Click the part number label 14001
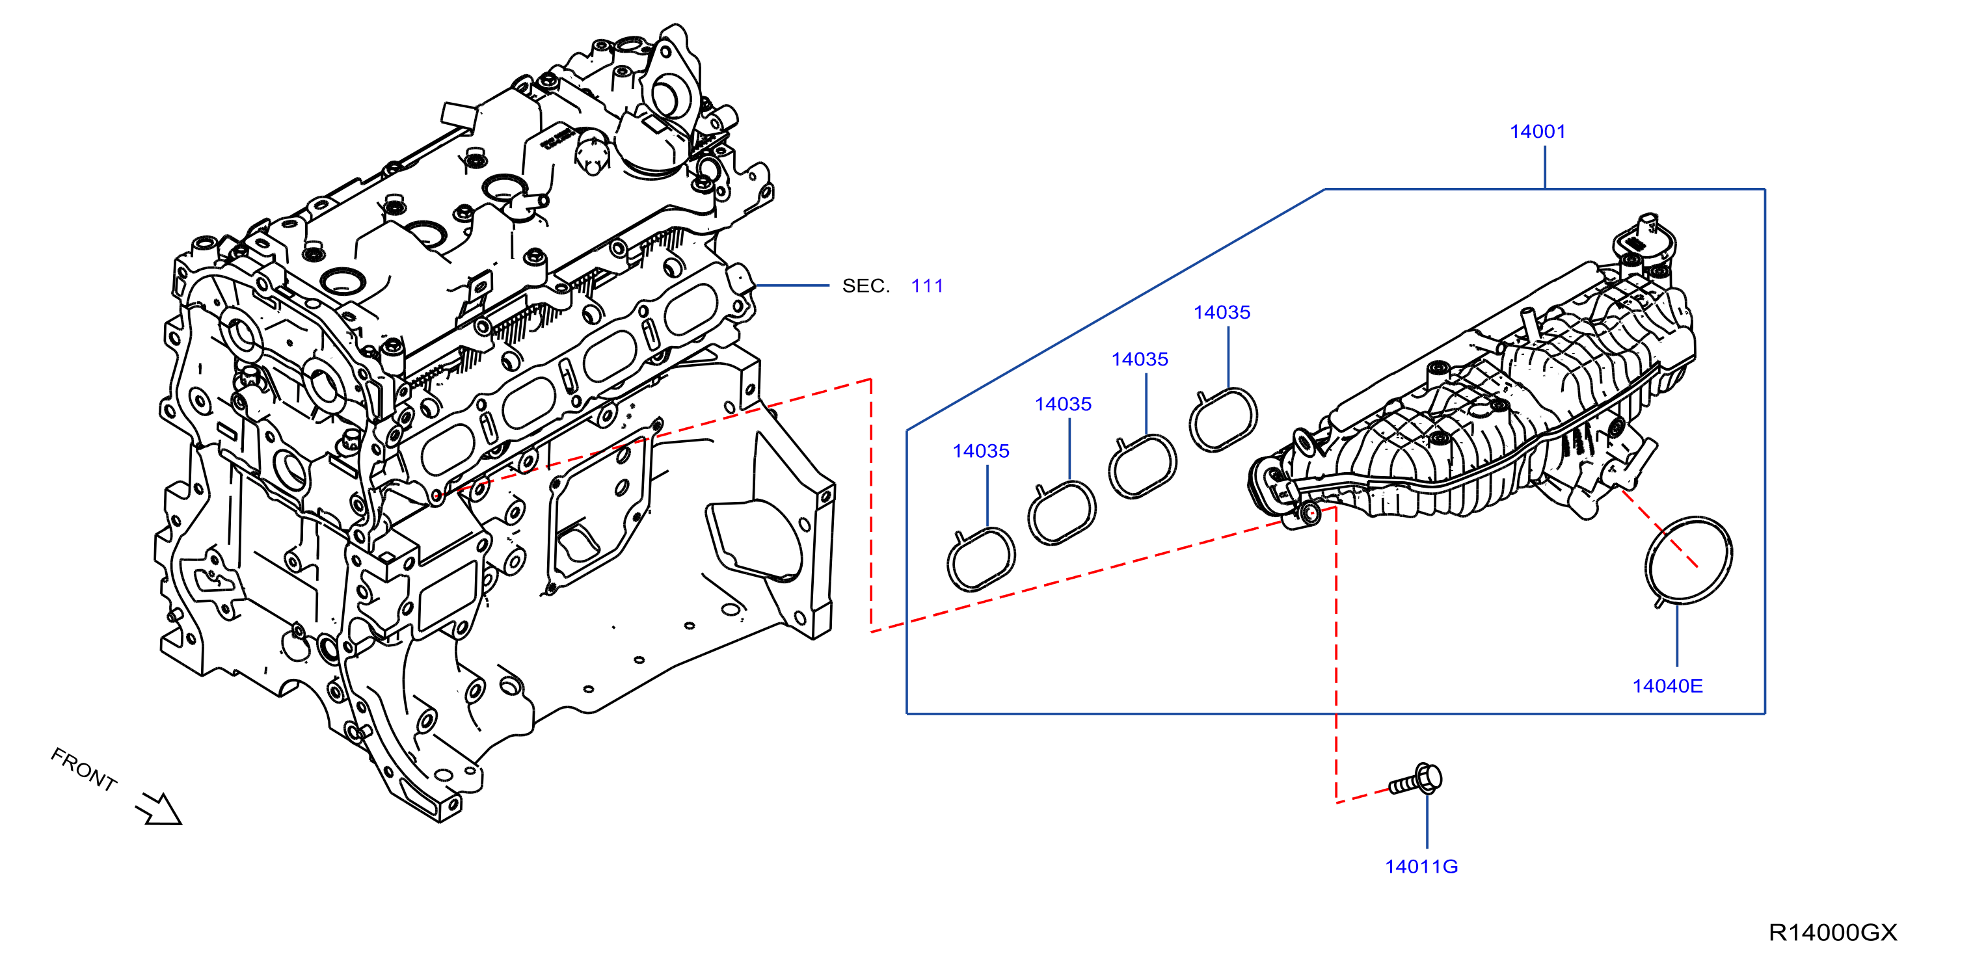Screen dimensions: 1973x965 click(x=1537, y=132)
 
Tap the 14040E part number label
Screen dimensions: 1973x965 click(x=1667, y=686)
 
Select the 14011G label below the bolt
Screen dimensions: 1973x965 click(x=1421, y=867)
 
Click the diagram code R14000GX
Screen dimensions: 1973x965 click(x=1833, y=933)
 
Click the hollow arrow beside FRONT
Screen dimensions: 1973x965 click(x=159, y=809)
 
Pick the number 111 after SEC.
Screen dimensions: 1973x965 click(x=927, y=286)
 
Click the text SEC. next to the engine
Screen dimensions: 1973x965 click(x=865, y=286)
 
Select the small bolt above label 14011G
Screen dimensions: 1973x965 click(x=1416, y=780)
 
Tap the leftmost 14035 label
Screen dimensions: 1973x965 click(x=980, y=452)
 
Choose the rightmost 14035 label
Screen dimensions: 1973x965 click(x=1222, y=313)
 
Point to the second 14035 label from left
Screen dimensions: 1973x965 click(x=1063, y=405)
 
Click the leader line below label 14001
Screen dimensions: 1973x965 click(x=1545, y=167)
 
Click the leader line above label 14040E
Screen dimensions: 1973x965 click(x=1676, y=636)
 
